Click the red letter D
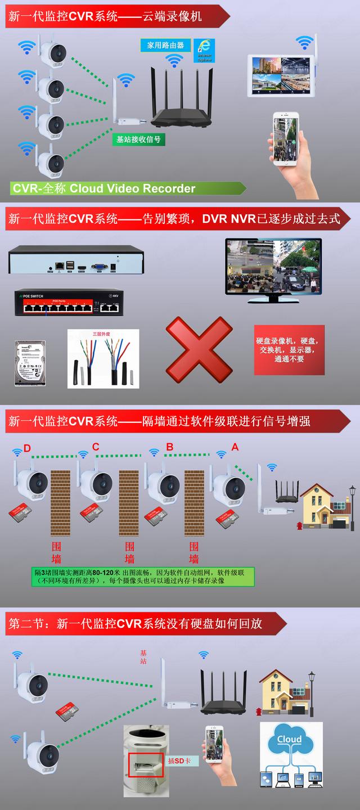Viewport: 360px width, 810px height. (x=27, y=448)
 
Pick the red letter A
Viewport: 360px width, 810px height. (x=235, y=447)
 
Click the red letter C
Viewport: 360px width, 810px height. (x=96, y=447)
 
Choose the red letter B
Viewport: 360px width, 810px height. (x=169, y=447)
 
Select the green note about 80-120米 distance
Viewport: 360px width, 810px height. (x=143, y=577)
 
